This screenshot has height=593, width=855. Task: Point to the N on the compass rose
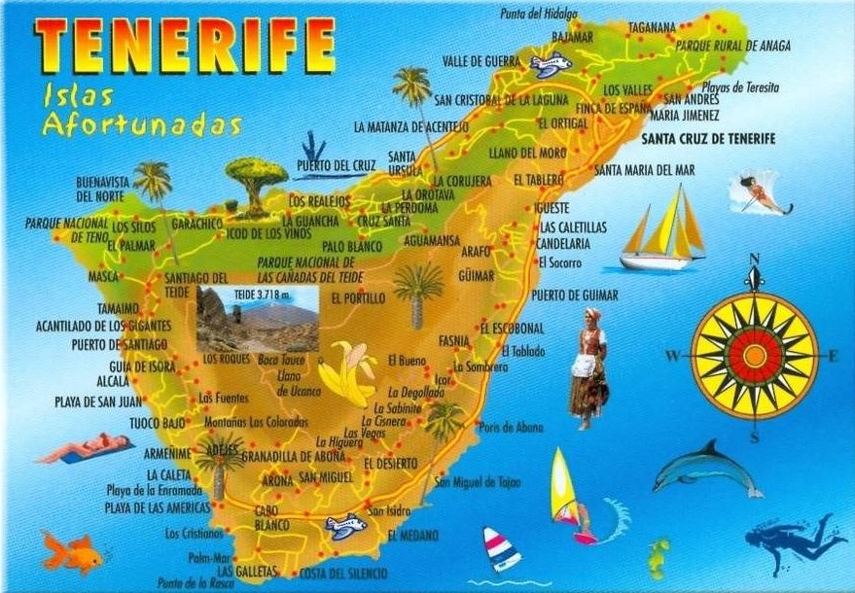click(x=754, y=260)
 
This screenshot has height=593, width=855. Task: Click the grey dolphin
click(x=706, y=470)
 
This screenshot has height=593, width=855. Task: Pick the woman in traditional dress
click(x=589, y=368)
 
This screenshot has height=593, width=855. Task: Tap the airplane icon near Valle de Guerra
click(x=550, y=66)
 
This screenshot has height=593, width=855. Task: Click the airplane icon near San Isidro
click(x=345, y=526)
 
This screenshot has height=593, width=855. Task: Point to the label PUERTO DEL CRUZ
click(x=336, y=165)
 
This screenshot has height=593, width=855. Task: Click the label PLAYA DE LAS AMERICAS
click(x=157, y=508)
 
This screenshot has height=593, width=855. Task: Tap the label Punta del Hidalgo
click(x=539, y=14)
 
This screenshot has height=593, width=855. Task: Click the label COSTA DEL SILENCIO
click(x=342, y=573)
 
